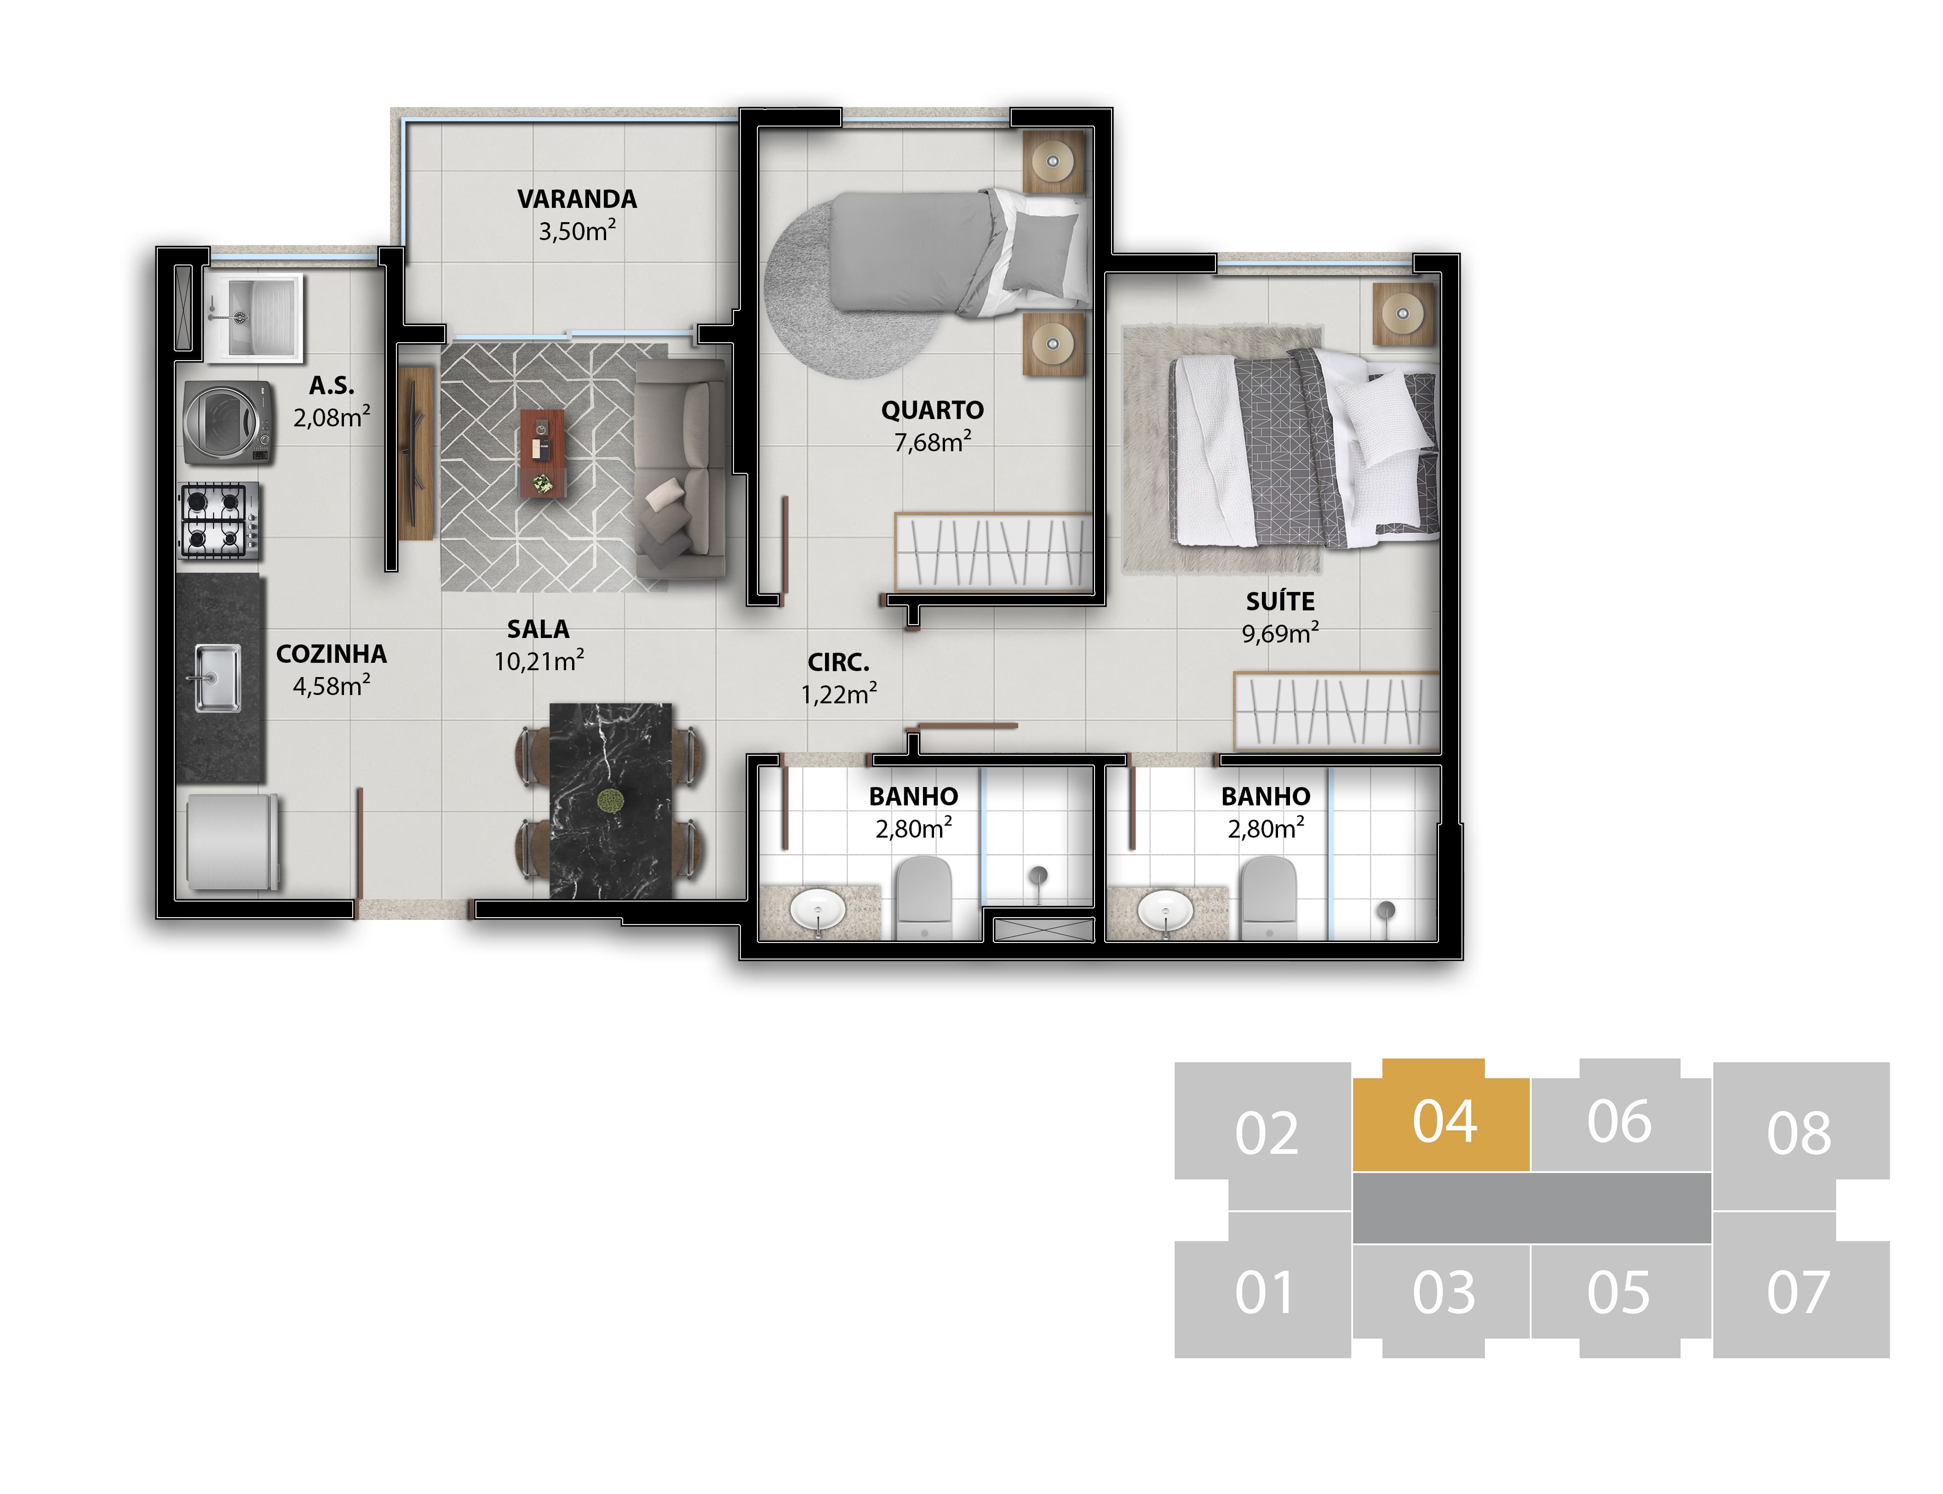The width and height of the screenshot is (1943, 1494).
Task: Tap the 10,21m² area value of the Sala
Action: point(539,661)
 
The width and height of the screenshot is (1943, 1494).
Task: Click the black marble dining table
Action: point(611,800)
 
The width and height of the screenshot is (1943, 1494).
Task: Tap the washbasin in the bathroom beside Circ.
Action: point(817,910)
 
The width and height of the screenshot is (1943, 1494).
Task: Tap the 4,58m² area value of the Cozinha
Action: point(332,686)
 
